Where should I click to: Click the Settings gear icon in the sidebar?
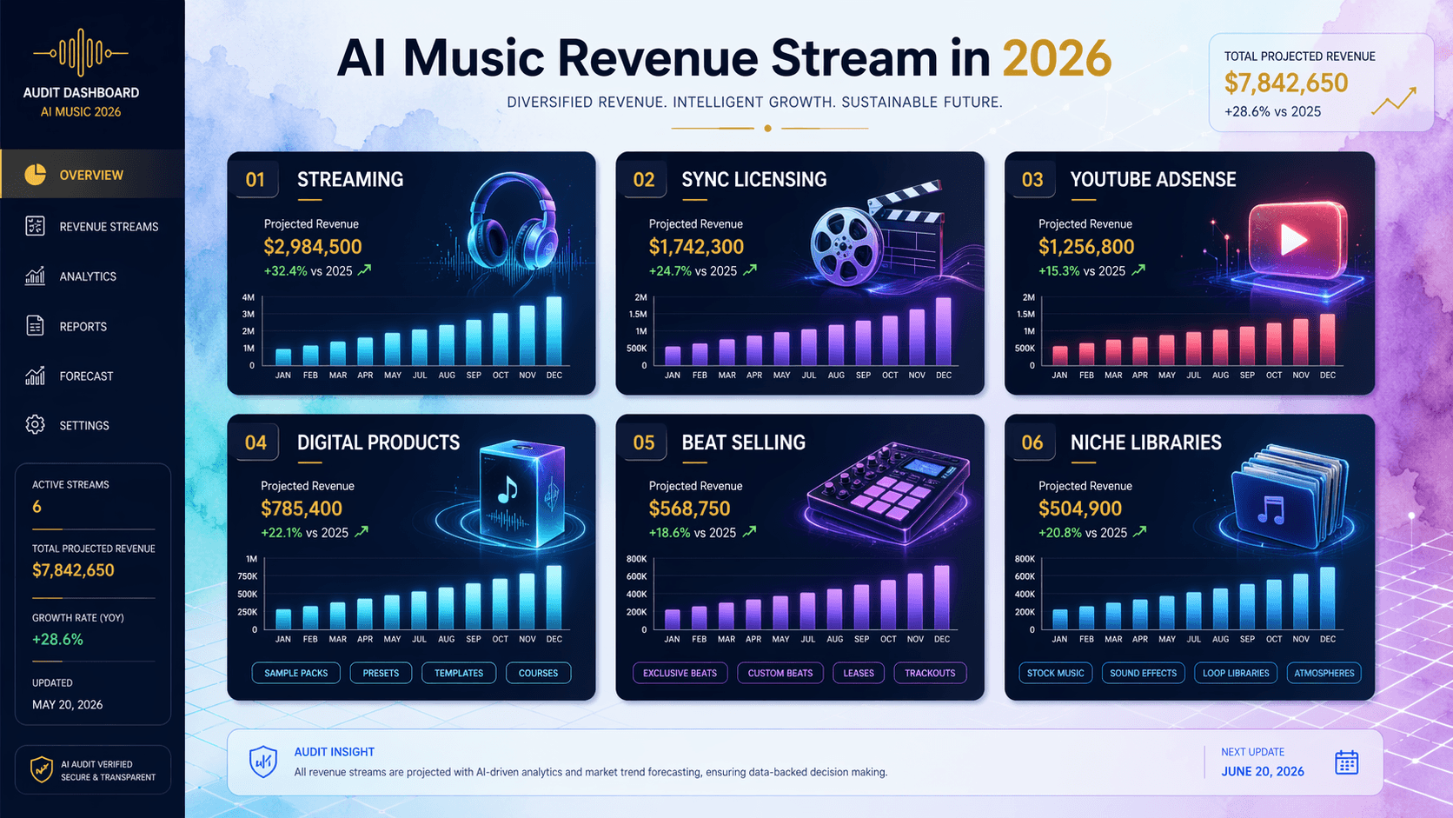point(35,425)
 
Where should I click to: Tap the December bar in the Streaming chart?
point(554,331)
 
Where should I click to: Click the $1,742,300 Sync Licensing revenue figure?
point(696,247)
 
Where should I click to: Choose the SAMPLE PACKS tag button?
point(295,673)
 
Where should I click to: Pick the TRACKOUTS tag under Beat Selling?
point(929,673)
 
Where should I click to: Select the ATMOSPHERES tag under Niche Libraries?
point(1324,673)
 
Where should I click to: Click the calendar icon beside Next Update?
point(1346,763)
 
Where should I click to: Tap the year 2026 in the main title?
point(1056,59)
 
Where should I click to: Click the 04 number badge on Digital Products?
point(255,442)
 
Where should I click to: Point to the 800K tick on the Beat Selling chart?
point(637,559)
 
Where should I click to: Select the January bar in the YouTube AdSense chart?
point(1059,356)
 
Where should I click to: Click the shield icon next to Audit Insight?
point(263,761)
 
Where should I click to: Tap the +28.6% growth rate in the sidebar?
point(57,639)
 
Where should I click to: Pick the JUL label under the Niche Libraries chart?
point(1193,639)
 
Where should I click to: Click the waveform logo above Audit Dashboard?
point(81,53)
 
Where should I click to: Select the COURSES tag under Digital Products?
point(538,673)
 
